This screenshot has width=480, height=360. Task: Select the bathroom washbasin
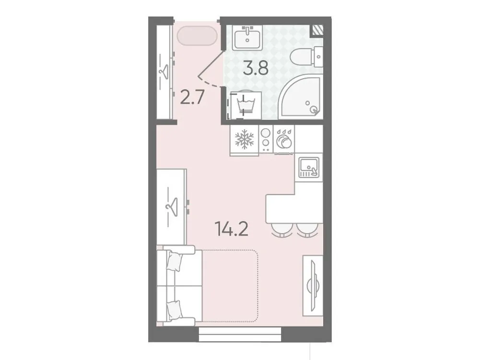pyautogui.click(x=247, y=37)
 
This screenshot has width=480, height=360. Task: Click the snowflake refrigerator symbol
pyautogui.click(x=244, y=140)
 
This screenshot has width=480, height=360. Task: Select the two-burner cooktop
pyautogui.click(x=265, y=140)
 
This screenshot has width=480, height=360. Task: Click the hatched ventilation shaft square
pyautogui.click(x=317, y=30)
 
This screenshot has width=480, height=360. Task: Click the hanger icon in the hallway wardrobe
pyautogui.click(x=164, y=71)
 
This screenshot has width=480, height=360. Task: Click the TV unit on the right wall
pyautogui.click(x=314, y=278)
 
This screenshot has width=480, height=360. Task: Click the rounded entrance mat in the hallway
pyautogui.click(x=197, y=36)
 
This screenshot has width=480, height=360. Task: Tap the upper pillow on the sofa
pyautogui.click(x=175, y=262)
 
